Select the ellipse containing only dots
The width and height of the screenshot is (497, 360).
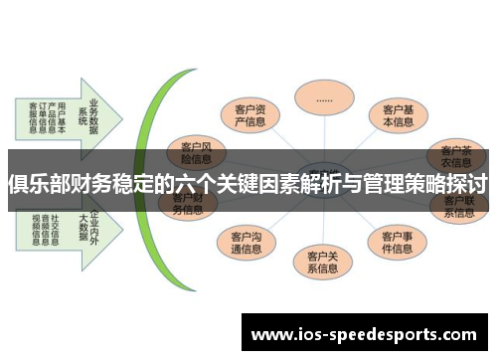tap(325, 100)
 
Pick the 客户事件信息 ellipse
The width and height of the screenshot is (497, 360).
tap(397, 242)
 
